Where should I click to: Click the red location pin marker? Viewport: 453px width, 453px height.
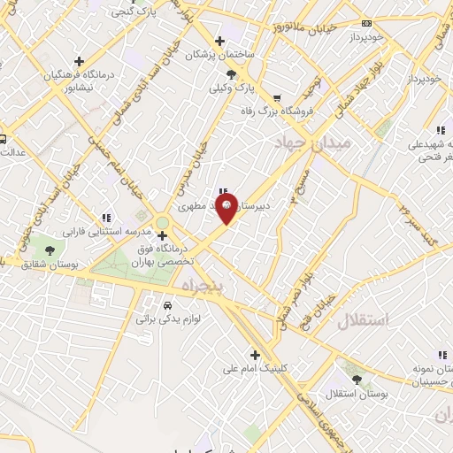[x=227, y=210]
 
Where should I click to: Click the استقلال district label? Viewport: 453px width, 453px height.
[x=363, y=321]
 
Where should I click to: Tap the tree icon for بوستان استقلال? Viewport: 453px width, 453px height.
[x=357, y=379]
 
